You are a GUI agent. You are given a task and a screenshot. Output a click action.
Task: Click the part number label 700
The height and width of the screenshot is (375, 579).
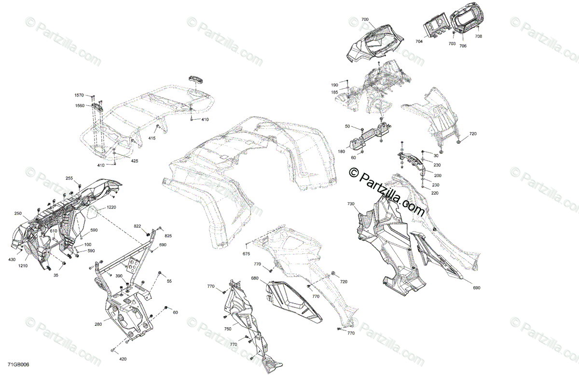[x=365, y=19]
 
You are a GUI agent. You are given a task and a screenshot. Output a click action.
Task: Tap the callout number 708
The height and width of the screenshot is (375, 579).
[x=478, y=36]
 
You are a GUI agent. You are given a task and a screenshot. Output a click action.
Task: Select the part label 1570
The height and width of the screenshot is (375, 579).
[x=79, y=96]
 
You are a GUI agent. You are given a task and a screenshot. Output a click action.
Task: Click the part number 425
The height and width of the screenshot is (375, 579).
[x=134, y=161]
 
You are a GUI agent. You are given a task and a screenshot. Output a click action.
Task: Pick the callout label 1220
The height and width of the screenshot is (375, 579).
[x=111, y=207]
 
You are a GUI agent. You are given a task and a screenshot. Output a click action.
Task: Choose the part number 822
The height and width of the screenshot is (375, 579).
[x=138, y=226]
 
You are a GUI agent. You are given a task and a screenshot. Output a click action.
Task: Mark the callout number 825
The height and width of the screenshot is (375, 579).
[x=168, y=236]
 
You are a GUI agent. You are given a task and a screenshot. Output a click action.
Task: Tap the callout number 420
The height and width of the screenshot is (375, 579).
[x=123, y=359]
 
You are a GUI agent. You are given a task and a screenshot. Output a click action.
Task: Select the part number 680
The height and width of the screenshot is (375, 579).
[x=255, y=278]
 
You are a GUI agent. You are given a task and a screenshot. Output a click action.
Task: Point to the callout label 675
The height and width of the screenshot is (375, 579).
[x=246, y=254]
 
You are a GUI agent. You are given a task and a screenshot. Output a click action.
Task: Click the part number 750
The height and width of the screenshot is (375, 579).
[x=227, y=329]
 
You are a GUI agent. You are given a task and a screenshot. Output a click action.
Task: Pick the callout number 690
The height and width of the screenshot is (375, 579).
[x=477, y=288]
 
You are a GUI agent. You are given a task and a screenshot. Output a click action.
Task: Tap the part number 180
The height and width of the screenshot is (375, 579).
[x=342, y=151]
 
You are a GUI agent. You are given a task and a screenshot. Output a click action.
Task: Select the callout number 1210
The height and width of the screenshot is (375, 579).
[x=24, y=265]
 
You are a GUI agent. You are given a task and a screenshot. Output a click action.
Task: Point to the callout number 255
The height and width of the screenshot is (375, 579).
[x=69, y=179]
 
